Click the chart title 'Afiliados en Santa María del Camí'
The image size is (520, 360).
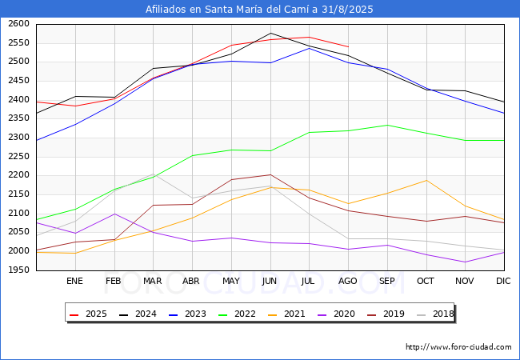point(259,10)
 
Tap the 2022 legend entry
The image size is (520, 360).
point(245,314)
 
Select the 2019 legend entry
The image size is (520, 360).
point(391,314)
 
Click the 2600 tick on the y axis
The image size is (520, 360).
point(18,24)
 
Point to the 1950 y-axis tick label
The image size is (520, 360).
point(18,270)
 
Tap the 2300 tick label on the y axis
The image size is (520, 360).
point(18,138)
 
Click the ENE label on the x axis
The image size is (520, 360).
point(74,282)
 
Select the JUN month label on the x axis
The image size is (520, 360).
point(270,282)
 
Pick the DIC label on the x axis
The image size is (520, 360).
point(503,282)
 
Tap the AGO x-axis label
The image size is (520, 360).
point(347,282)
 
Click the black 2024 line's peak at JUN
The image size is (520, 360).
point(270,33)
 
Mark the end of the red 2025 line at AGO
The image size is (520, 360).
point(348,47)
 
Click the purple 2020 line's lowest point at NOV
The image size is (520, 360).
point(465,262)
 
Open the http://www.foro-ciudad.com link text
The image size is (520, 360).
point(458,347)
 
